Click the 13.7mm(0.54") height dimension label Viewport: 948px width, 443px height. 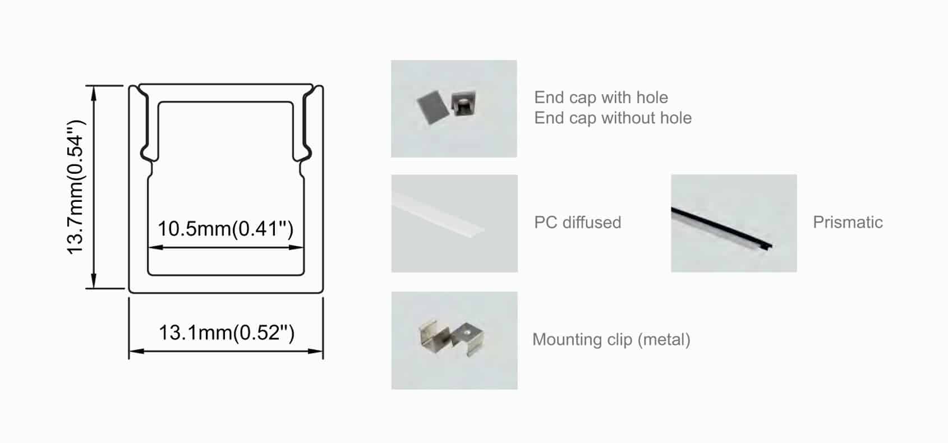76,187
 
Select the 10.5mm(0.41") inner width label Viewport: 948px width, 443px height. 226,229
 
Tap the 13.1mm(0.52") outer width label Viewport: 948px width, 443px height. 227,333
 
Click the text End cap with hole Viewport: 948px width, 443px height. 601,98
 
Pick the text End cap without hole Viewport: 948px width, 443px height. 613,118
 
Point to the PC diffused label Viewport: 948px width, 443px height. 578,223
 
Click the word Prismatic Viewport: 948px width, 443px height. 848,223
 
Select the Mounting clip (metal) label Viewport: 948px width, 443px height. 611,340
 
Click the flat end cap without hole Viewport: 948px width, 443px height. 432,108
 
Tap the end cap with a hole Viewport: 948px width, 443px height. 463,103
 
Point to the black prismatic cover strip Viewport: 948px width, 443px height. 721,228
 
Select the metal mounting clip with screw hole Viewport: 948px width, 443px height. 468,339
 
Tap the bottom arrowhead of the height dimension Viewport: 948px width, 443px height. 94,281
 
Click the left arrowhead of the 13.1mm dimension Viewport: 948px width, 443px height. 136,351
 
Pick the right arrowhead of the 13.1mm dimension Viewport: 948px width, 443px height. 316,351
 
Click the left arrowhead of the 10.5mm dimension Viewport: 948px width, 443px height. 155,247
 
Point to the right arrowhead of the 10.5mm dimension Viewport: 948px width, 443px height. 296,247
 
